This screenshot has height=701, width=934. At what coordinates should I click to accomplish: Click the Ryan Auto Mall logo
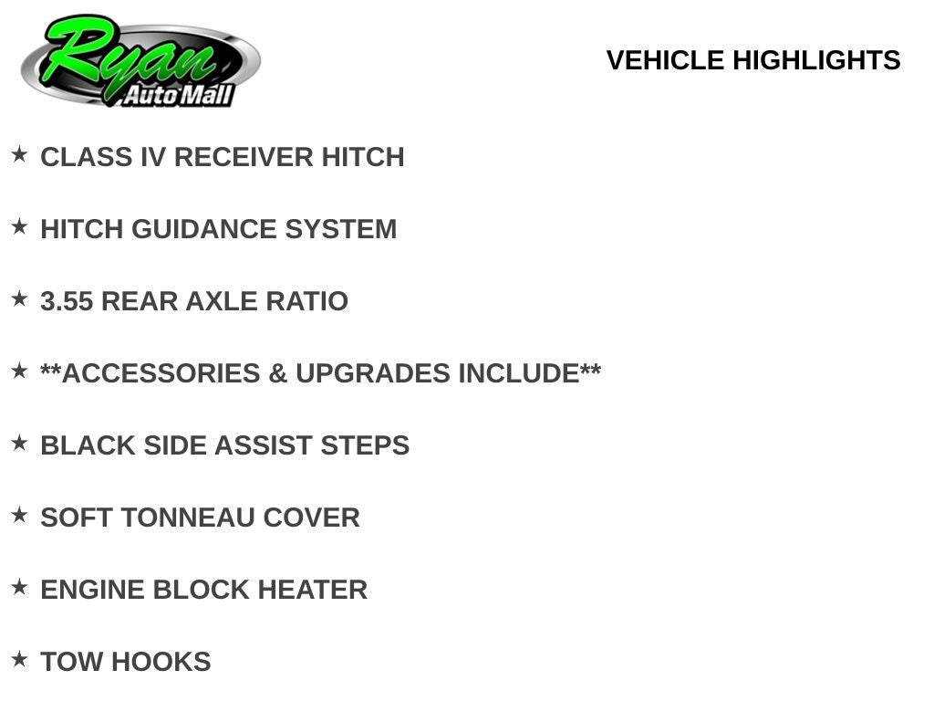(140, 61)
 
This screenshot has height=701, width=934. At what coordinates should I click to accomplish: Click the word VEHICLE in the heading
(665, 60)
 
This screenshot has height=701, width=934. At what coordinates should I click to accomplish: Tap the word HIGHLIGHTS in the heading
(816, 60)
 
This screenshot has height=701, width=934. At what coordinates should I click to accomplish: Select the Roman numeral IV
(153, 157)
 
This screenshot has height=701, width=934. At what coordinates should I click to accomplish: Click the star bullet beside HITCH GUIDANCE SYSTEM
(20, 226)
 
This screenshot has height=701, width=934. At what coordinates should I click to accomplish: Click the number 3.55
(67, 301)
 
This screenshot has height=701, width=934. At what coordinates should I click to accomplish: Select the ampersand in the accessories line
(277, 373)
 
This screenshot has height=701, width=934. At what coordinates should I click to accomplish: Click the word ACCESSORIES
(161, 373)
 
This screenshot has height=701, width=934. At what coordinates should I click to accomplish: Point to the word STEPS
(365, 445)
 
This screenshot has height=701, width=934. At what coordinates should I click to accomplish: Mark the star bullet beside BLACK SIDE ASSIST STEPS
(20, 443)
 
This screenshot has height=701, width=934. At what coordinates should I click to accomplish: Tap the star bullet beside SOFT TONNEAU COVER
(20, 515)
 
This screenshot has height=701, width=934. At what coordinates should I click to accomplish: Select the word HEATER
(313, 591)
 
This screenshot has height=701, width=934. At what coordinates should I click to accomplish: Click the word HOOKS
(161, 663)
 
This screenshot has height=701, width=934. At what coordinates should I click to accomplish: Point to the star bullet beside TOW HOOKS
(20, 659)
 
